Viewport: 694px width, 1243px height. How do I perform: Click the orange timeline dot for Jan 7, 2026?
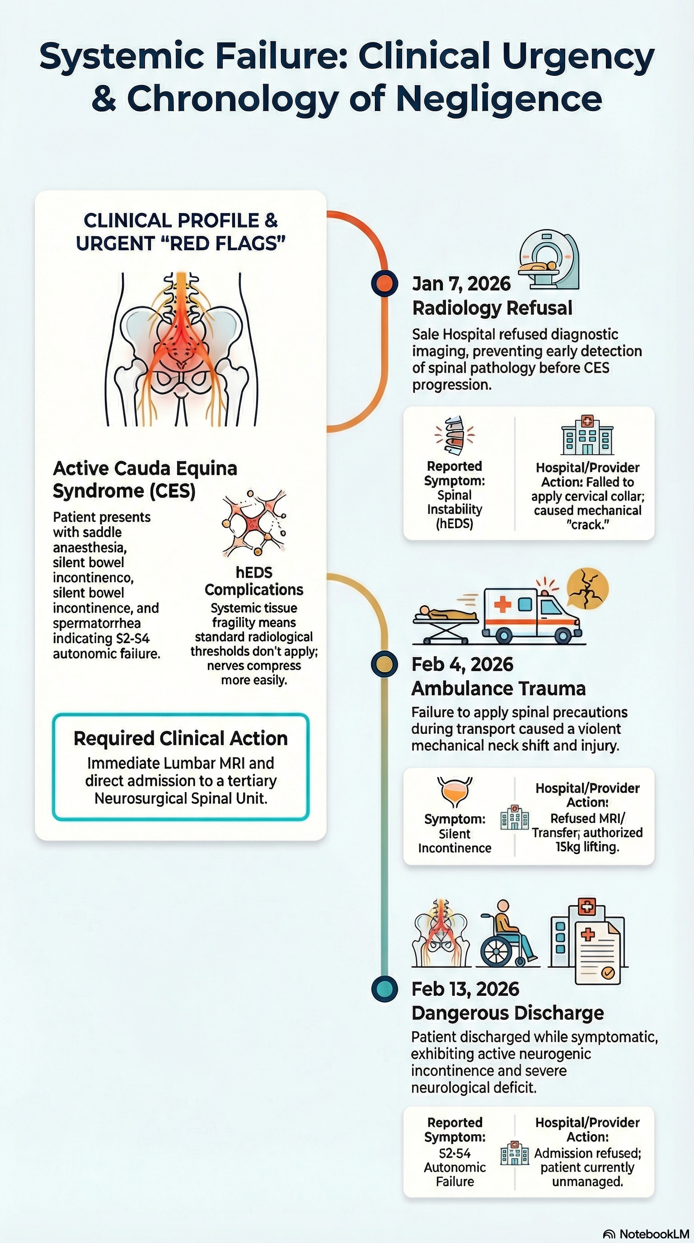[385, 283]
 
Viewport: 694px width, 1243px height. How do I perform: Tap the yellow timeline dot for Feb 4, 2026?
[385, 664]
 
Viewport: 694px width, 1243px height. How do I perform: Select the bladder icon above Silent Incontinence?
[454, 792]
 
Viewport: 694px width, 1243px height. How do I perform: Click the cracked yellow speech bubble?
[587, 589]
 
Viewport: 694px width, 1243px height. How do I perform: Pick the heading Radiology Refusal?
[492, 308]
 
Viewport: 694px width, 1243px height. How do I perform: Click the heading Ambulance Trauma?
[498, 688]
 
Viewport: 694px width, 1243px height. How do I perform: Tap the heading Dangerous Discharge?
[507, 1013]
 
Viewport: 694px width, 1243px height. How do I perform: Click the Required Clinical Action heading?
[180, 738]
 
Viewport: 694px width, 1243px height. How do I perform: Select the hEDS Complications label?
[254, 581]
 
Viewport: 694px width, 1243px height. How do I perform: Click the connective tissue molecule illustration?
[253, 523]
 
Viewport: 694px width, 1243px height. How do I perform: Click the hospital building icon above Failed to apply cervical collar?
[587, 435]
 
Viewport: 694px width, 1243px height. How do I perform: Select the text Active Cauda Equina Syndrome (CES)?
[145, 479]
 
